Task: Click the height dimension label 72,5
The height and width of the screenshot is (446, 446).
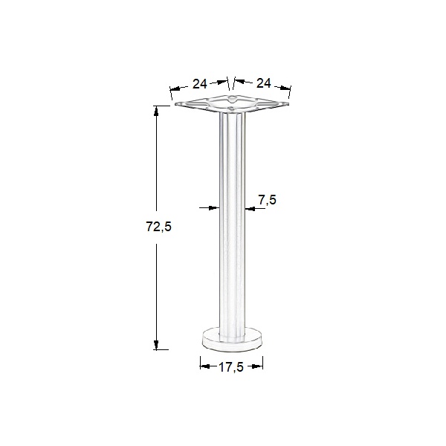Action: (158, 228)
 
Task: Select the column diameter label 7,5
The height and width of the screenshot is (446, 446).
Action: (268, 199)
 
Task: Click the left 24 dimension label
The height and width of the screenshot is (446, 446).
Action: (199, 83)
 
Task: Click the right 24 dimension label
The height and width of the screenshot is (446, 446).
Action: (263, 83)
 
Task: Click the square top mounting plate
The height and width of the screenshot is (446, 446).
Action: (231, 105)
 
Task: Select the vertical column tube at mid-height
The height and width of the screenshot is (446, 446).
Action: (231, 223)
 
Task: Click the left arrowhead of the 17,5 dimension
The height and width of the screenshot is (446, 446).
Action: (204, 364)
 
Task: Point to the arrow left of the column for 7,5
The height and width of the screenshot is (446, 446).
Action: (215, 207)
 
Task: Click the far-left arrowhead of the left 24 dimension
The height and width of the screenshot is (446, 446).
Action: (174, 93)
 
